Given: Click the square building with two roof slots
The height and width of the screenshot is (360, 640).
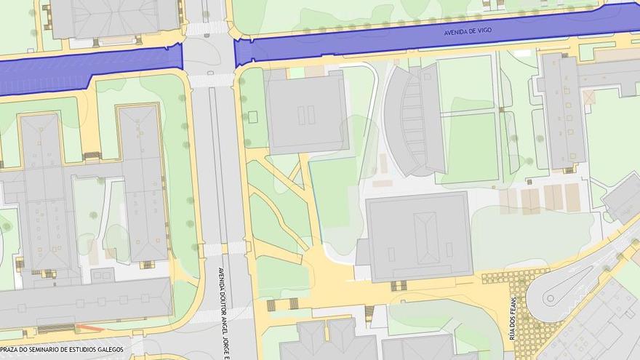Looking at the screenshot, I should click(x=307, y=113).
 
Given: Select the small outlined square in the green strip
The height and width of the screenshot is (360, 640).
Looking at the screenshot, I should click(x=253, y=116).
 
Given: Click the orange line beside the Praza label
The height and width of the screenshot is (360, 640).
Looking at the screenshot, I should click(x=89, y=328).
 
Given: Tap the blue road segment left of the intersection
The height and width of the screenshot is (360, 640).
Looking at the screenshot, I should click(x=87, y=69).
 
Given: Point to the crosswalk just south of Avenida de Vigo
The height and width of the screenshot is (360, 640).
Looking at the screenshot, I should click(x=211, y=80).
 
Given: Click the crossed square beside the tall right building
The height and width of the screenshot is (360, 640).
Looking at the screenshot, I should click(x=588, y=97).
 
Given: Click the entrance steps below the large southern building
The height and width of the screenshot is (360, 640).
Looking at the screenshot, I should click(x=398, y=285).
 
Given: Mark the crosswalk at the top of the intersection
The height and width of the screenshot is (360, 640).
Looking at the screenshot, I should click(x=207, y=28).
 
